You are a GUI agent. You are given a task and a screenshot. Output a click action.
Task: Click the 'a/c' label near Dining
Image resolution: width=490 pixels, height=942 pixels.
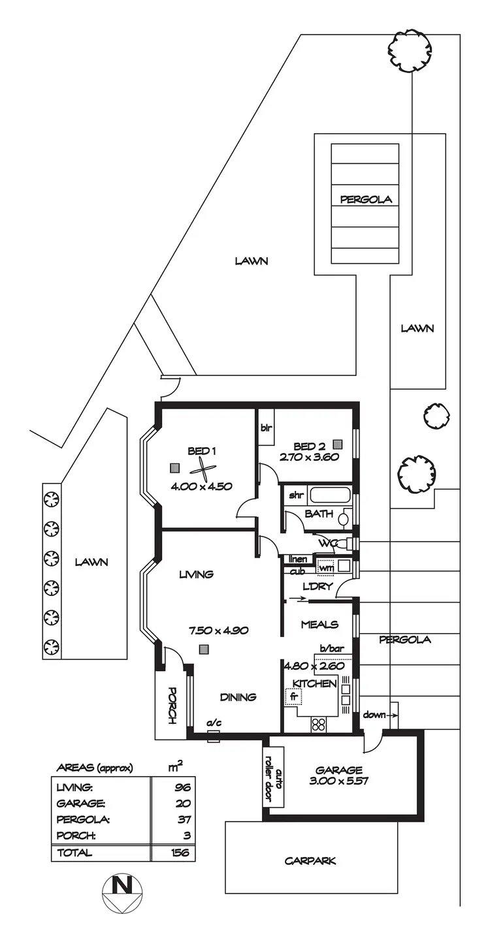tap(213, 723)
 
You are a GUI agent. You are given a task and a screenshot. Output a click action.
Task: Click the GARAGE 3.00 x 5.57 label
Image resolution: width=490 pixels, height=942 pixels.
tap(338, 775)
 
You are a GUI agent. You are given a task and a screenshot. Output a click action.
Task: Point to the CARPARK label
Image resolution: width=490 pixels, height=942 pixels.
tap(310, 860)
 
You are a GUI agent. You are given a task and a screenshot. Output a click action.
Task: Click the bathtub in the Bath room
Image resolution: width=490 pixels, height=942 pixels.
tap(330, 494)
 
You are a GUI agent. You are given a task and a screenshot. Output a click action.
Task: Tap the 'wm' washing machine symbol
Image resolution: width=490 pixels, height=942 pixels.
tap(325, 566)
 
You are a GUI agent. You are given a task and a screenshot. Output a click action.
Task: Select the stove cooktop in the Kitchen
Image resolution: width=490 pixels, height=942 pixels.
tap(319, 723)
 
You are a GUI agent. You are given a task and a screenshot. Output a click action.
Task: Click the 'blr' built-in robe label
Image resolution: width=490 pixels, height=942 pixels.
tap(266, 429)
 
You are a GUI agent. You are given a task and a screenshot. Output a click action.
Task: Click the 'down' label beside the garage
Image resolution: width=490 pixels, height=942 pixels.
tap(375, 715)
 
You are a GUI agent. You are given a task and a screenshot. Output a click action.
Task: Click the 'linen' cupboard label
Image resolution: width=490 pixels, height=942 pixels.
tap(298, 559)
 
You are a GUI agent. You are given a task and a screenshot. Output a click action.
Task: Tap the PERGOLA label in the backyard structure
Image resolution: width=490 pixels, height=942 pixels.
tap(366, 200)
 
